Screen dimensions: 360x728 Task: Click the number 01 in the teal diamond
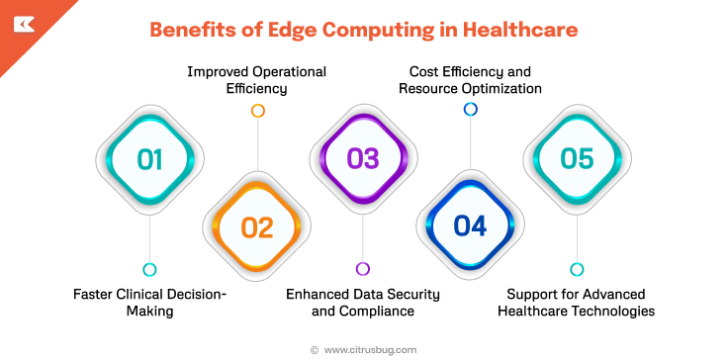[149, 159]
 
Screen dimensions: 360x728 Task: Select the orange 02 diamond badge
[256, 226]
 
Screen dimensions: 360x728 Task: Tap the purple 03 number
[363, 159]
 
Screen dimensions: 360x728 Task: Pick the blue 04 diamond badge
[470, 226]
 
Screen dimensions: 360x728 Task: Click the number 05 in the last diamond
[577, 159]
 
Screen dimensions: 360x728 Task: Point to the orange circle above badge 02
[257, 111]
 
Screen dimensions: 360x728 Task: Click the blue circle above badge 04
[471, 109]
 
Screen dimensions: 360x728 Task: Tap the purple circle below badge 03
[363, 269]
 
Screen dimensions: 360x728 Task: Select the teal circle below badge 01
[149, 269]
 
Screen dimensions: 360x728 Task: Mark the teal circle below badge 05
[577, 269]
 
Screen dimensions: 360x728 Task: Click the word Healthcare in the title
[523, 30]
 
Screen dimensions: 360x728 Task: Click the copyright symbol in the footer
[315, 349]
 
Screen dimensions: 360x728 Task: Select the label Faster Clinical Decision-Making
[150, 303]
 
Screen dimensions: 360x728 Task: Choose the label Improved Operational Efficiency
[257, 80]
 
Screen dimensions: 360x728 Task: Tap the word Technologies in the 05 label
[610, 311]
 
